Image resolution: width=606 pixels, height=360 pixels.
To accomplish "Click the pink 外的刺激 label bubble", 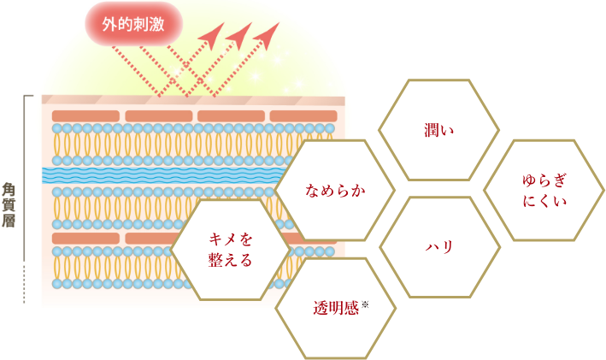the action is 133,24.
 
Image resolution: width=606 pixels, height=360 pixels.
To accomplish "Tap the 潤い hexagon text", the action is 438,130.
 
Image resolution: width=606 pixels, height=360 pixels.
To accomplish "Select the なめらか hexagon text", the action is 335,191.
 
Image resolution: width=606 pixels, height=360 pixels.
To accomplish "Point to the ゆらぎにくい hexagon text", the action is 544,191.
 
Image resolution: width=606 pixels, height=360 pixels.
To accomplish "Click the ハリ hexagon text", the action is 439,247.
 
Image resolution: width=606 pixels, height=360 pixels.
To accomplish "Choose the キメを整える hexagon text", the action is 230,250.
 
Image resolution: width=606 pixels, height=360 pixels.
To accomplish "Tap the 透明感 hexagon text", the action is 336,308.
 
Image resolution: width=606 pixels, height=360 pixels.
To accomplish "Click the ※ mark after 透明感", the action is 365,305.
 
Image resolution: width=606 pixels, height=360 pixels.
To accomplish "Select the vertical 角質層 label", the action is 9,205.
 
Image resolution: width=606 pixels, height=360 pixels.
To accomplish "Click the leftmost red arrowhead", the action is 213,36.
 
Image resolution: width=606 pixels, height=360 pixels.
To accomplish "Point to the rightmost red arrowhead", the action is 268,36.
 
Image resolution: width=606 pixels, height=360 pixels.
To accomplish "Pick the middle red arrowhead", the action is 240,36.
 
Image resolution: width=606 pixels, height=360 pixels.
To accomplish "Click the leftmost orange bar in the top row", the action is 85,116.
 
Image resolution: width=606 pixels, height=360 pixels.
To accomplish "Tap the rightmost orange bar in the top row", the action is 303,116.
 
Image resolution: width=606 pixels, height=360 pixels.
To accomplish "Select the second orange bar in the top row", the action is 159,116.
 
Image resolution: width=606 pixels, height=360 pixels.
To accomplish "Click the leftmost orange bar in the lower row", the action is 85,239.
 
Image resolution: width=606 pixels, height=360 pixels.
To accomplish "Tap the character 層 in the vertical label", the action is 9,221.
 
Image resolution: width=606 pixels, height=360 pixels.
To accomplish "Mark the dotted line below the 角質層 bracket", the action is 24,283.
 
